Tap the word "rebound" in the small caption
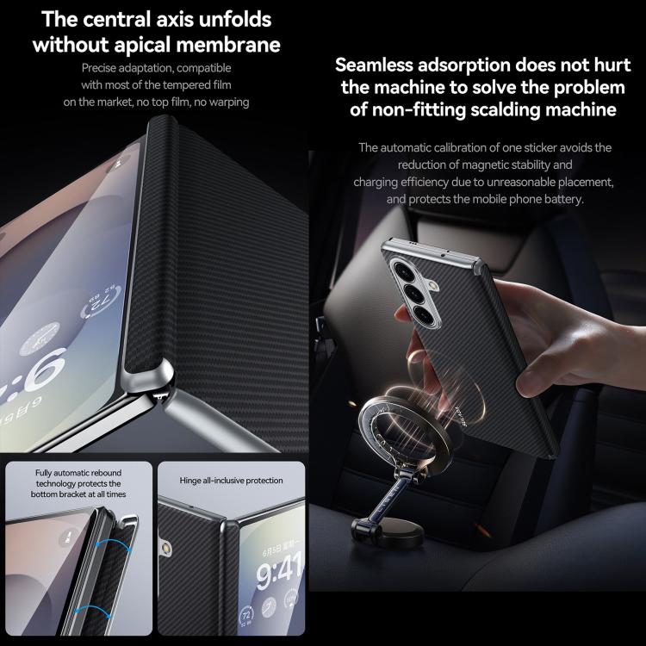(x=106, y=473)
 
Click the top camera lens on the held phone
(x=402, y=269)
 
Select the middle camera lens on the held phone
(x=413, y=292)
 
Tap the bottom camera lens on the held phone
(x=425, y=315)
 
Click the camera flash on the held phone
(x=432, y=285)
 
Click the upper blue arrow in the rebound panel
(x=114, y=546)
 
